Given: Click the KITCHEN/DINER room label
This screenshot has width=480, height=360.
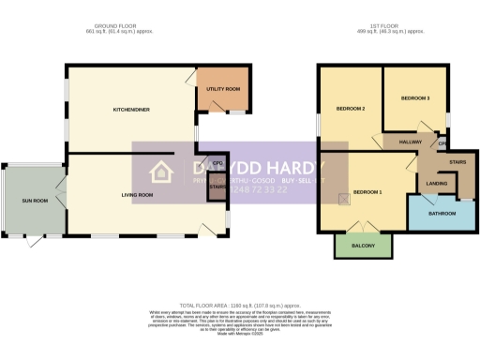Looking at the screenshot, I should click(132, 110).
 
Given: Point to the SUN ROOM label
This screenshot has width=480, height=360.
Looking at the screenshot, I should click(35, 202).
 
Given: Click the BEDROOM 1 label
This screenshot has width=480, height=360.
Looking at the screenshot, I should click(367, 192).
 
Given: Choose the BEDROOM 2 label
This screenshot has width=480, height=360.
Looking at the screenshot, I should click(350, 109).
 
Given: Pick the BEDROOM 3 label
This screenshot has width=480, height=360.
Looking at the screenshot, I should click(415, 97).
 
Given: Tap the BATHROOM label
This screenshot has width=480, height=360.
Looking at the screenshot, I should click(442, 214).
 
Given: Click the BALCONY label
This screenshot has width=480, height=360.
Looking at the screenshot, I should click(363, 246).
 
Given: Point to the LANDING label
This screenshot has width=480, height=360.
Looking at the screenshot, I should click(437, 184).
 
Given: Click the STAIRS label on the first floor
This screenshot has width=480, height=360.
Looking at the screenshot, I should click(458, 161).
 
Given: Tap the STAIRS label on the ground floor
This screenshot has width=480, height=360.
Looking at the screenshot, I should click(217, 187).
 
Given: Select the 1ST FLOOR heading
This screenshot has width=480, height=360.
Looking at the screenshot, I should click(392, 26).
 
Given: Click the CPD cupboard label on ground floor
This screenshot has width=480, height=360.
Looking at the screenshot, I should click(217, 163).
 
